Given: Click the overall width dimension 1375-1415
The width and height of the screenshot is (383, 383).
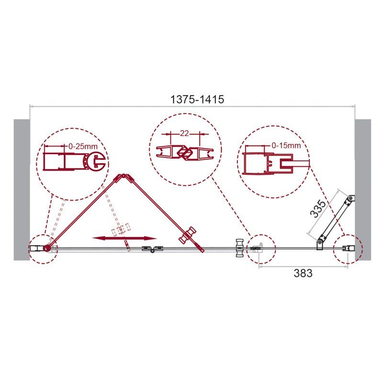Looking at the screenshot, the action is (x=197, y=99).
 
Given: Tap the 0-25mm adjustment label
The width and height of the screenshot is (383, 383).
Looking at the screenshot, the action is (x=83, y=146).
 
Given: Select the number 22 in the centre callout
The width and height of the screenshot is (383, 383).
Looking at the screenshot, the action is (x=184, y=134).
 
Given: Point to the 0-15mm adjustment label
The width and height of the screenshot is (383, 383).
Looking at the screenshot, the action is (x=286, y=146).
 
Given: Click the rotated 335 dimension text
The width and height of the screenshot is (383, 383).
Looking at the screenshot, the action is (x=317, y=208).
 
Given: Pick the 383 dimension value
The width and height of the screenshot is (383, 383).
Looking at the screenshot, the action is (x=303, y=273).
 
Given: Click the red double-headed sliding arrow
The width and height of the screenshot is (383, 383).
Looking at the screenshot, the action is (x=124, y=238).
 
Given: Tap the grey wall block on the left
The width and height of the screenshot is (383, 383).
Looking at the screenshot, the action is (x=22, y=190).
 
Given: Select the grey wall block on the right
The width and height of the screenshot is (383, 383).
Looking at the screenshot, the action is (x=363, y=190).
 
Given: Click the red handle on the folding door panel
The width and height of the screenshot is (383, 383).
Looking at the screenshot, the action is (x=187, y=235).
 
